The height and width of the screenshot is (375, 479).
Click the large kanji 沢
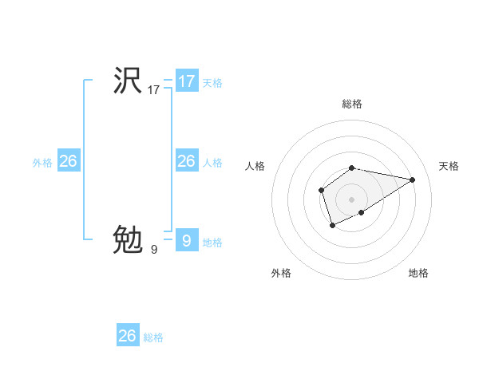pyautogui.click(x=128, y=81)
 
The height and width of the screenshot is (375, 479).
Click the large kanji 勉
pyautogui.click(x=128, y=239)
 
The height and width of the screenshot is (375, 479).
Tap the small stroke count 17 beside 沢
pyautogui.click(x=154, y=91)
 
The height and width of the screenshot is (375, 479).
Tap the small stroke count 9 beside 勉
pyautogui.click(x=154, y=250)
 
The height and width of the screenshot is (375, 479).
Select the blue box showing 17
pyautogui.click(x=187, y=81)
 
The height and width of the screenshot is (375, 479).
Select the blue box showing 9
pyautogui.click(x=187, y=240)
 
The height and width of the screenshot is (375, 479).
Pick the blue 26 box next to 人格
pyautogui.click(x=187, y=161)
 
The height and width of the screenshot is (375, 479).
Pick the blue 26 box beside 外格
pyautogui.click(x=68, y=161)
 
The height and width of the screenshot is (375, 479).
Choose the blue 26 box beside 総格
pyautogui.click(x=128, y=336)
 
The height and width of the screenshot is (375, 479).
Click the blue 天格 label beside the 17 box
pyautogui.click(x=212, y=83)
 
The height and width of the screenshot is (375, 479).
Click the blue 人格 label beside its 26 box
pyautogui.click(x=212, y=163)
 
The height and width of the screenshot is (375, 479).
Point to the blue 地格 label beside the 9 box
pyautogui.click(x=212, y=243)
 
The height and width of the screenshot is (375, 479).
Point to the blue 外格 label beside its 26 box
pyautogui.click(x=42, y=163)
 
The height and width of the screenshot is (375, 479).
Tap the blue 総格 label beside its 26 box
pyautogui.click(x=153, y=337)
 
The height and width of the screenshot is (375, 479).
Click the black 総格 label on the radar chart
pyautogui.click(x=352, y=104)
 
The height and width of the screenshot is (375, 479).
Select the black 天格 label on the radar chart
pyautogui.click(x=449, y=166)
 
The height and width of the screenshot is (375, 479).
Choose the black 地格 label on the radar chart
pyautogui.click(x=418, y=273)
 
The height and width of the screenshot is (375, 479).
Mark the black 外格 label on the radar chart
pyautogui.click(x=281, y=273)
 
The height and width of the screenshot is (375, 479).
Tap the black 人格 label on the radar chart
pyautogui.click(x=255, y=166)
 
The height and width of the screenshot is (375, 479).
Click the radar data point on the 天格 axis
pyautogui.click(x=412, y=179)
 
